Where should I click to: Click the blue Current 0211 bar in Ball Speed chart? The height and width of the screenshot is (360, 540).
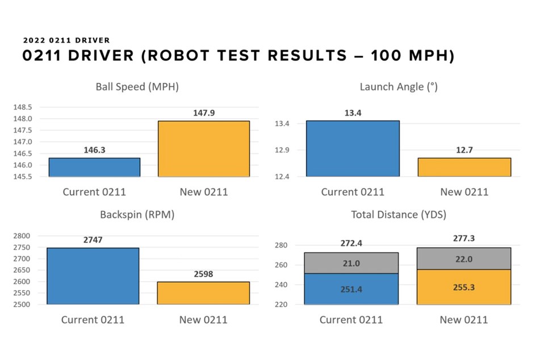click(x=94, y=167)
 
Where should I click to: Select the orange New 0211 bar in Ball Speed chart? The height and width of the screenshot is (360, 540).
click(x=203, y=148)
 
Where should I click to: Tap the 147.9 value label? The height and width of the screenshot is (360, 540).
click(x=203, y=113)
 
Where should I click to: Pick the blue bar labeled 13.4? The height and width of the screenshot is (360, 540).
click(x=353, y=148)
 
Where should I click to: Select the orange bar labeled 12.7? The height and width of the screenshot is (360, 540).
click(x=464, y=167)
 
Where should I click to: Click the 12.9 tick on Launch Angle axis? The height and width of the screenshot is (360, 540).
click(x=282, y=150)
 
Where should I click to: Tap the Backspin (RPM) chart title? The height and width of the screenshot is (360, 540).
click(x=137, y=215)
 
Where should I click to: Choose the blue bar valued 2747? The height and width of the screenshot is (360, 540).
click(x=93, y=276)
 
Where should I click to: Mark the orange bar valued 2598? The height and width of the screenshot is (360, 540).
click(x=203, y=293)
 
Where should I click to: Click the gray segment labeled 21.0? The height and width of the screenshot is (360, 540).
click(x=351, y=263)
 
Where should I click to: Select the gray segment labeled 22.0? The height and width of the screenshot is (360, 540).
click(x=463, y=258)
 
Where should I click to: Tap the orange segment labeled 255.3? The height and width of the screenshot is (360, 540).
click(x=463, y=287)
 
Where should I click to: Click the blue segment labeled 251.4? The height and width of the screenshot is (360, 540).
click(x=351, y=289)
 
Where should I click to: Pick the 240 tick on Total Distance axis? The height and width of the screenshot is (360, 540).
click(x=282, y=285)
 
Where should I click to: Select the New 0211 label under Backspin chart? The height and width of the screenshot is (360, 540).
click(x=203, y=320)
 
